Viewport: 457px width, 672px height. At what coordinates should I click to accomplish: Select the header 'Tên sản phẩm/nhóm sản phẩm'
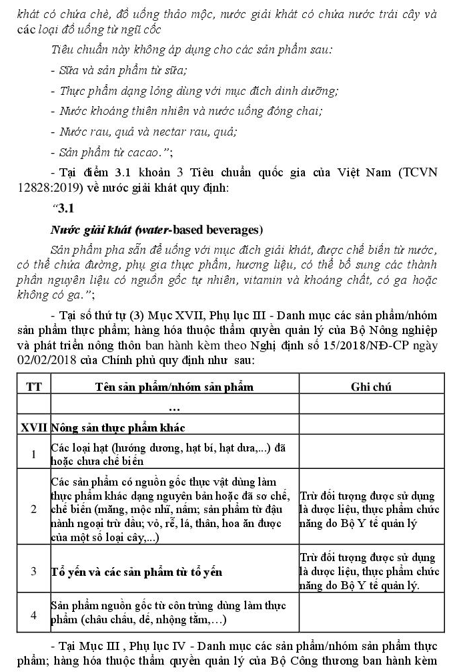pyautogui.click(x=174, y=387)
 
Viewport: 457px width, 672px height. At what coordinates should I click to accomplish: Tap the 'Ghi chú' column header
pyautogui.click(x=371, y=387)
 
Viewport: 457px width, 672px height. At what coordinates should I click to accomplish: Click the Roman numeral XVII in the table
pyautogui.click(x=32, y=426)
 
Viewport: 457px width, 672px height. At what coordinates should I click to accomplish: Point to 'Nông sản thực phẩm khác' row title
pyautogui.click(x=118, y=426)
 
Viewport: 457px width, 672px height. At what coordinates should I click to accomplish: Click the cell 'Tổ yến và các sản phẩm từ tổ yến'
pyautogui.click(x=137, y=572)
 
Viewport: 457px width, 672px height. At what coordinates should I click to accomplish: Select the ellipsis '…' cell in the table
pyautogui.click(x=174, y=406)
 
